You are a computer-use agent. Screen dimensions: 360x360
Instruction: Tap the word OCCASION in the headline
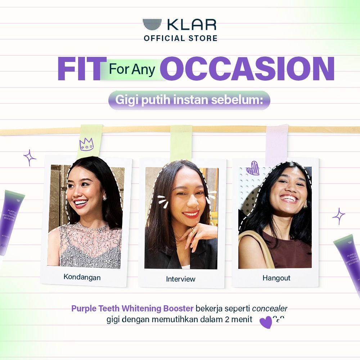click(247, 69)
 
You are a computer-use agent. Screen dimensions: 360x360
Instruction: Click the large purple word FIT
click(79, 69)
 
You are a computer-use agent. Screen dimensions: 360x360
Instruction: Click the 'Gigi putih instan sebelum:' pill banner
click(189, 100)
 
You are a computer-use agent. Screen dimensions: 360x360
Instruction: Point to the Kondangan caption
click(82, 277)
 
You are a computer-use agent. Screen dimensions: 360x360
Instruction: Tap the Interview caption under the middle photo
click(181, 279)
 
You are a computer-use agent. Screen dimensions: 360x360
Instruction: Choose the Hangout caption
click(276, 278)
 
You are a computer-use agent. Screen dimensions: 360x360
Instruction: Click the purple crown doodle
click(86, 144)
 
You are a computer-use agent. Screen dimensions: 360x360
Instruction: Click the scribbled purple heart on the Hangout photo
click(252, 168)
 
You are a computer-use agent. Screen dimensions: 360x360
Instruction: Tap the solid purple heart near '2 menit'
click(266, 322)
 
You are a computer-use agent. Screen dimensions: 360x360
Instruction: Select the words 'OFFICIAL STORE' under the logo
click(180, 38)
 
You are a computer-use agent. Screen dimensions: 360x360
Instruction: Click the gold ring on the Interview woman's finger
click(194, 231)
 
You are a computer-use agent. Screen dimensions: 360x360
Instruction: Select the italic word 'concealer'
click(270, 309)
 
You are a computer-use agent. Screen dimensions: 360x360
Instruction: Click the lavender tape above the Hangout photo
click(276, 145)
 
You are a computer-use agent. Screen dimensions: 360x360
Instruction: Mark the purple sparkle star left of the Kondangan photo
click(30, 158)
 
